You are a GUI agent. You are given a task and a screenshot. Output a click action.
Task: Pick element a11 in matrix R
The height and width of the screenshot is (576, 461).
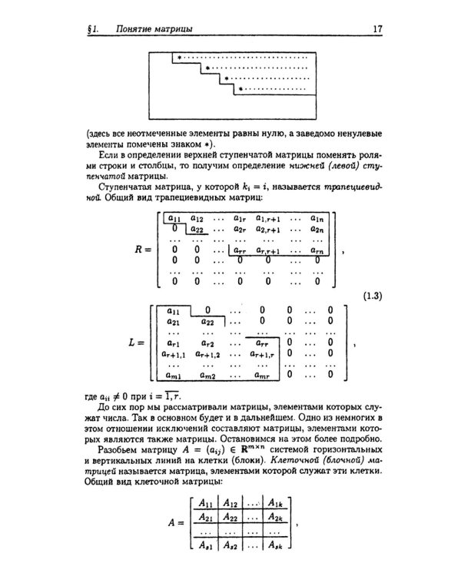(x=174, y=219)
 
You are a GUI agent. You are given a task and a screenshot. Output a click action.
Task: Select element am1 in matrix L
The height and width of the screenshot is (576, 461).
(x=174, y=375)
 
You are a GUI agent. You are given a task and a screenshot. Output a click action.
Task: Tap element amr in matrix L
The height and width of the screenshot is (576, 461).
(x=263, y=375)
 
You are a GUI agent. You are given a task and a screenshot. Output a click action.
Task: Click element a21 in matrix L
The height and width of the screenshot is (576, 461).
(x=174, y=322)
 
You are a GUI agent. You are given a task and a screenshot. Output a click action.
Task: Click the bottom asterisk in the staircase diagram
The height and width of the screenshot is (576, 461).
(x=240, y=90)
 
